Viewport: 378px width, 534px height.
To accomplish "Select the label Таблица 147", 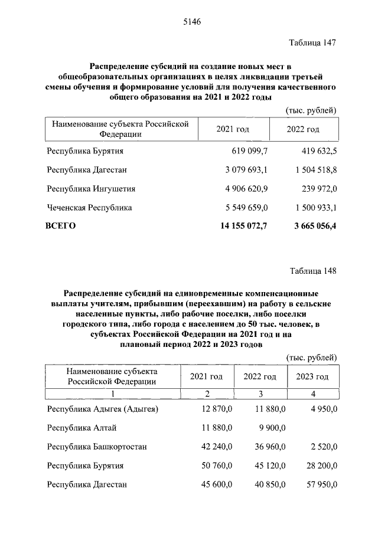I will [313, 43].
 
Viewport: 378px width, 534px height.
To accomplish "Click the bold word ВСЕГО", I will [61, 225].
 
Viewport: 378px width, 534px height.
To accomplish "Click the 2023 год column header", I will [312, 376].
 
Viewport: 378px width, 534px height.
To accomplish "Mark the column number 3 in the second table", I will [260, 394].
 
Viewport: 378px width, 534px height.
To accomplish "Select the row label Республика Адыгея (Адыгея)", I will [103, 409].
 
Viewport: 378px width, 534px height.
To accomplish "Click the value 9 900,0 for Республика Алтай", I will [270, 428].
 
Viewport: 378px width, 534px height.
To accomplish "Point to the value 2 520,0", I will [322, 447].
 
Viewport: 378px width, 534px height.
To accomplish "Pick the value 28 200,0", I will [320, 466].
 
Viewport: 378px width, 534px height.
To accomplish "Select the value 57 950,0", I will [320, 484].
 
